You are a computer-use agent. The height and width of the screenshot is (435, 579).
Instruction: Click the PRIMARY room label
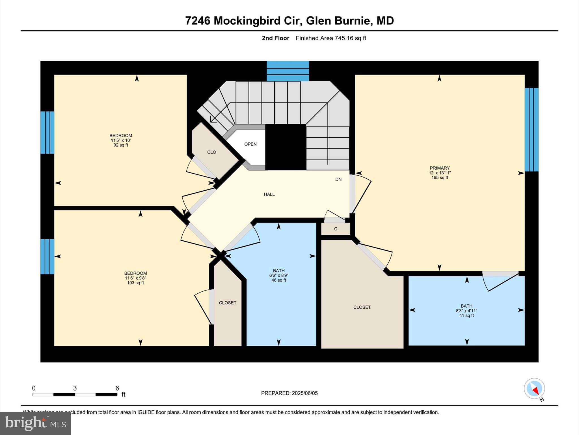pyautogui.click(x=440, y=172)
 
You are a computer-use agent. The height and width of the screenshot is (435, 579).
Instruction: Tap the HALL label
pyautogui.click(x=269, y=194)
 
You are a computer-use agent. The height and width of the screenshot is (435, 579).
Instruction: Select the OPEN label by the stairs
pyautogui.click(x=250, y=144)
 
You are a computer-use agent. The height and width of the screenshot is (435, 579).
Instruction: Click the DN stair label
pyautogui.click(x=338, y=179)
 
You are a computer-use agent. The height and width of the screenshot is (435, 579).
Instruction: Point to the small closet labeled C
pyautogui.click(x=336, y=229)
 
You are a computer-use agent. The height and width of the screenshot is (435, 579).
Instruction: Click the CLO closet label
pyautogui.click(x=211, y=152)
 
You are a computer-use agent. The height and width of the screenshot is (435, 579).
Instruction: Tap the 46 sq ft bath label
pyautogui.click(x=279, y=275)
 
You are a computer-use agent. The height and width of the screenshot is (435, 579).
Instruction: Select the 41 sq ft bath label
pyautogui.click(x=466, y=310)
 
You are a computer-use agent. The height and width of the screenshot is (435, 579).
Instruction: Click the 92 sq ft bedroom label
pyautogui.click(x=121, y=140)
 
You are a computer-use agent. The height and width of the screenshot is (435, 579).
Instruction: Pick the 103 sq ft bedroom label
pyautogui.click(x=135, y=278)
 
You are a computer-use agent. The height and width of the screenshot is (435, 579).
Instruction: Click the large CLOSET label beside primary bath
pyautogui.click(x=362, y=307)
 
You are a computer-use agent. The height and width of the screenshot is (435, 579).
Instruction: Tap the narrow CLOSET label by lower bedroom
pyautogui.click(x=228, y=303)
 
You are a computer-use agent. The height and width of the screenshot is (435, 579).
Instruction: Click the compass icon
pyautogui.click(x=534, y=389)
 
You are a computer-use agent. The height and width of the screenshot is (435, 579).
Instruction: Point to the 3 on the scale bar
pyautogui.click(x=75, y=388)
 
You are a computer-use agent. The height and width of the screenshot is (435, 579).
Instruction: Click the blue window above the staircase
pyautogui.click(x=288, y=71)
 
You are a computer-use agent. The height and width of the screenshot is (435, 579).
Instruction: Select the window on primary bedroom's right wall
pyautogui.click(x=532, y=130)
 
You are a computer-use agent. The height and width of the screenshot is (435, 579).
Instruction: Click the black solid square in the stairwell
pyautogui.click(x=286, y=147)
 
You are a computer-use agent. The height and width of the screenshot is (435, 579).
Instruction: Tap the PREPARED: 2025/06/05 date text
pyautogui.click(x=289, y=393)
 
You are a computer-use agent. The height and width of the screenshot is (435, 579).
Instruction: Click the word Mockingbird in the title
pyautogui.click(x=256, y=21)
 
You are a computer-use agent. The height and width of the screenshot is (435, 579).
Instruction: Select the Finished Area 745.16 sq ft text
pyautogui.click(x=331, y=38)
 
